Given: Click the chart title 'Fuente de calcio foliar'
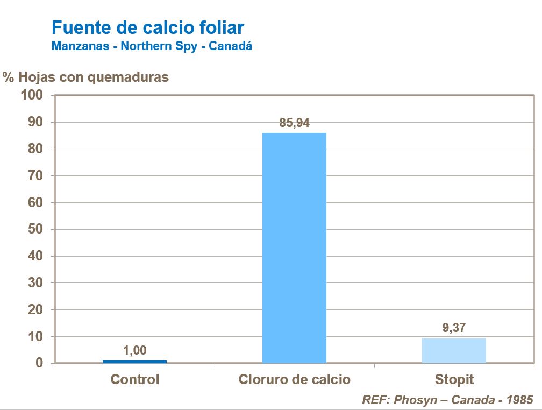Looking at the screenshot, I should pos(148,27).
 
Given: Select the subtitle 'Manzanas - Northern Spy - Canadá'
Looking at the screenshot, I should pos(152,46).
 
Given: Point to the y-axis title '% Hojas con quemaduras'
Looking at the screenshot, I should pos(86,77).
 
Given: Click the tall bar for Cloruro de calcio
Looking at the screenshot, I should pos(294,248).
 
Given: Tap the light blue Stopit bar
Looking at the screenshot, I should pos(454,350).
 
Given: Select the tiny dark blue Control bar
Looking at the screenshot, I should pos(134,362).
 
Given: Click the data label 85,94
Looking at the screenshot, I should pos(294,123).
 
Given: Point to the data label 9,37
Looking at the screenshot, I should pos(454,329).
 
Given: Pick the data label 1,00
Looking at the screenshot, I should pos(134,351).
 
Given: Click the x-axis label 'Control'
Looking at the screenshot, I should pos(135,379).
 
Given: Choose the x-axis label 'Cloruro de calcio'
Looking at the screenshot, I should pos(294,379).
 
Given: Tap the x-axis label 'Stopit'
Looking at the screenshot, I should pos(454,379).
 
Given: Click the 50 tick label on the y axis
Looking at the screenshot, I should pos(35,229).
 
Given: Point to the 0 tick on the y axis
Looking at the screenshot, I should pos(39,363).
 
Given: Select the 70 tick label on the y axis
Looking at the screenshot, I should pos(35,175).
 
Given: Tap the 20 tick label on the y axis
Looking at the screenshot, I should pos(35,310).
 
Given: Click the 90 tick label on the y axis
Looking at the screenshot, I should pos(35,122).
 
